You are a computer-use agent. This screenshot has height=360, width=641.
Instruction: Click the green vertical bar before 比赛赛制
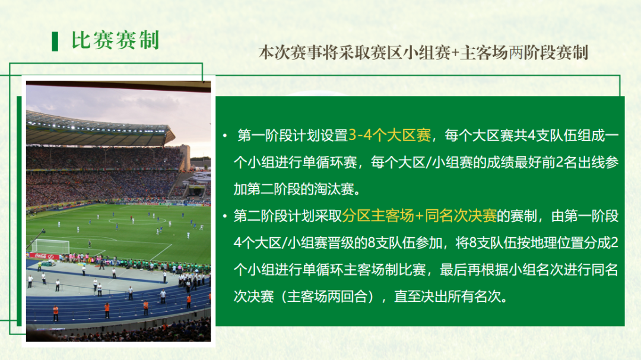coord(55,41)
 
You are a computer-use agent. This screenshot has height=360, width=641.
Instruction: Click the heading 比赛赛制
coord(115,40)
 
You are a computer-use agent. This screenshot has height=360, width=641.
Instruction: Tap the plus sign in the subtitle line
coord(455,53)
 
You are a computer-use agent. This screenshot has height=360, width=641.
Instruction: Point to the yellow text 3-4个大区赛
coord(389,135)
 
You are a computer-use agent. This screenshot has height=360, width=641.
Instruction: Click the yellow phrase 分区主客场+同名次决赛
coord(419,216)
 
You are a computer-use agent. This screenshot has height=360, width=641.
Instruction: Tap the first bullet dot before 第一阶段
coord(225,136)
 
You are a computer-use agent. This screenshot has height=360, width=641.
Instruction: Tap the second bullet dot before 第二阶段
coord(225,216)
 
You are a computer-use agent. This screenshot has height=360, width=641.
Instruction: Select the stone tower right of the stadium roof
coord(185,157)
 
